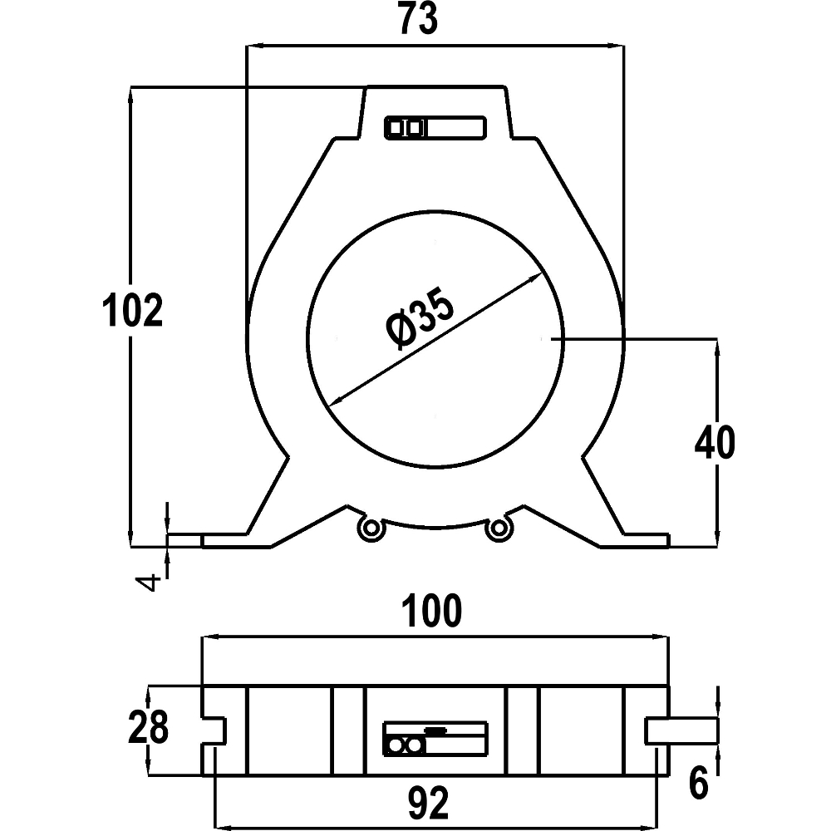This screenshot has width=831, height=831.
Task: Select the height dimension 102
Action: [x=131, y=312]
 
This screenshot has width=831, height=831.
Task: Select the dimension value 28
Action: [x=149, y=727]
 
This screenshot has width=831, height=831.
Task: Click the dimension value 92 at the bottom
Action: [x=430, y=803]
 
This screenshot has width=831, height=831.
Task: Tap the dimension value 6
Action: [x=699, y=783]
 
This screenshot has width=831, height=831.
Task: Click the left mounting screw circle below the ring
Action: [x=369, y=528]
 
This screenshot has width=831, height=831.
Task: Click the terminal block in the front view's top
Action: [x=435, y=128]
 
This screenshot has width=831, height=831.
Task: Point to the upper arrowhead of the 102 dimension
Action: [x=131, y=93]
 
